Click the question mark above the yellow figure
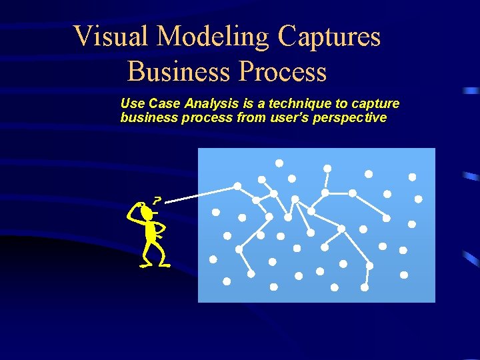(157, 199)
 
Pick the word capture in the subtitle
(377, 103)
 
